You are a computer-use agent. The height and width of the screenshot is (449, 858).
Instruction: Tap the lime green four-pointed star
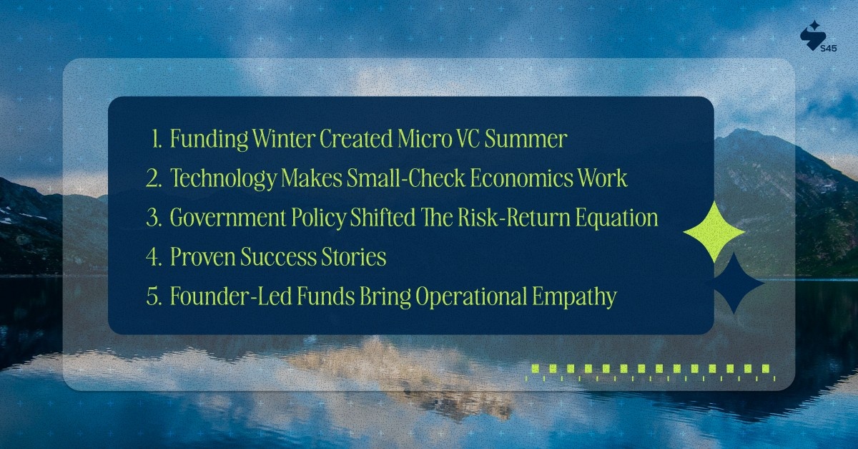(x=714, y=232)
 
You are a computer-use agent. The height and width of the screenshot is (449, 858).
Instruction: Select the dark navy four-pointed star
(x=734, y=284)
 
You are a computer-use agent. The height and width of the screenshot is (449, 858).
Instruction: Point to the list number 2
(x=154, y=178)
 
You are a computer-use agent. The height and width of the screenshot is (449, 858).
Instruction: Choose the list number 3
(x=154, y=218)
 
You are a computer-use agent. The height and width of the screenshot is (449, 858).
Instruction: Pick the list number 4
(x=154, y=257)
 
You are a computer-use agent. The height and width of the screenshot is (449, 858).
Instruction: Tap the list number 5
(x=154, y=296)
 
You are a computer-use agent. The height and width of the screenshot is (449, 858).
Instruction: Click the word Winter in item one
(x=284, y=138)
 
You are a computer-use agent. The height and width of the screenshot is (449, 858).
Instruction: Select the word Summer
(x=526, y=139)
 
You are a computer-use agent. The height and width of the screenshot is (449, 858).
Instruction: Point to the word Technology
(x=223, y=179)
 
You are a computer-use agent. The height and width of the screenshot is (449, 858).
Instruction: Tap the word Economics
(x=521, y=178)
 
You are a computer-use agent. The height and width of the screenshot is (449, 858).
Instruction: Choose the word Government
(x=228, y=218)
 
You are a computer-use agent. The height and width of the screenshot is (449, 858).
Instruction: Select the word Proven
(x=202, y=258)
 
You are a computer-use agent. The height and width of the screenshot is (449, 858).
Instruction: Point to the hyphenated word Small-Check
(x=406, y=178)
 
